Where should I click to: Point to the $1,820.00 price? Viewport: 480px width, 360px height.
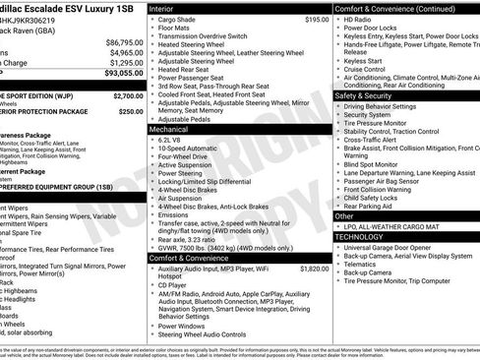click(314, 268)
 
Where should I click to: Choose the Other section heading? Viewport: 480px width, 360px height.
click(345, 215)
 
